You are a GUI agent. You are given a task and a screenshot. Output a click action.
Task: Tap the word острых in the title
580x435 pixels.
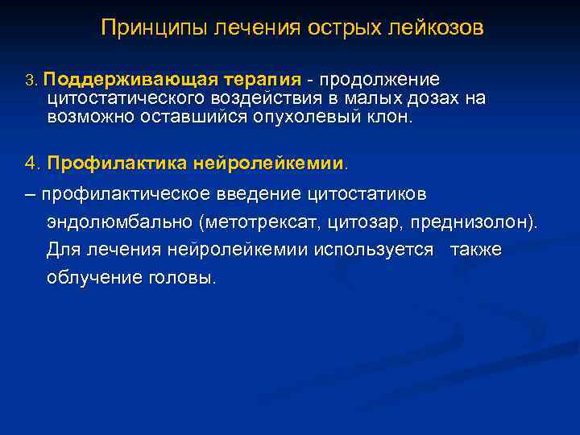click(x=343, y=29)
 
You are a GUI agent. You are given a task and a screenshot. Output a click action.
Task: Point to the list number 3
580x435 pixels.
click(x=31, y=81)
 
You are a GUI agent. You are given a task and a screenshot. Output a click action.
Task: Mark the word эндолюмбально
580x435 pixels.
click(x=121, y=222)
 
